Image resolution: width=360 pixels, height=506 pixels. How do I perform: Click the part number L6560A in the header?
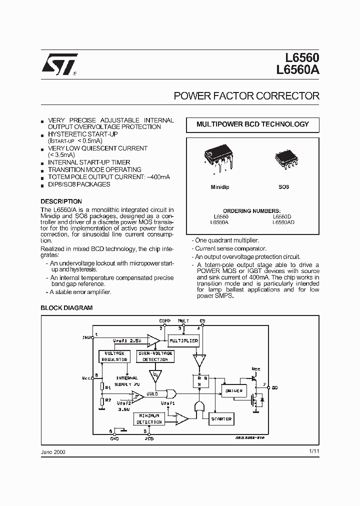pyautogui.click(x=297, y=71)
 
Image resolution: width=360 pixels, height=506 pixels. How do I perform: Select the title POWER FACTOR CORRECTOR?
pyautogui.click(x=246, y=95)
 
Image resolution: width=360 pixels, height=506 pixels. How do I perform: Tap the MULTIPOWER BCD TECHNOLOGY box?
pyautogui.click(x=252, y=124)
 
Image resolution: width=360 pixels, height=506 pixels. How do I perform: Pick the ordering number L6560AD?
pyautogui.click(x=283, y=222)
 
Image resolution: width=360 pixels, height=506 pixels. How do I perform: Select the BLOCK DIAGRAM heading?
pyautogui.click(x=66, y=308)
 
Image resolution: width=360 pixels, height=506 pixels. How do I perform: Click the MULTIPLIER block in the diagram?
pyautogui.click(x=183, y=341)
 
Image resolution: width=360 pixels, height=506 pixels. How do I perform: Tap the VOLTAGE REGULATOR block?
pyautogui.click(x=115, y=356)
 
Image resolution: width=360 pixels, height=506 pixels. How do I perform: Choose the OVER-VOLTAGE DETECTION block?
pyautogui.click(x=155, y=356)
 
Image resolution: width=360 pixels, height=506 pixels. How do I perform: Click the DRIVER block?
pyautogui.click(x=234, y=390)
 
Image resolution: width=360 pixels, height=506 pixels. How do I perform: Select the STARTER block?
pyautogui.click(x=221, y=419)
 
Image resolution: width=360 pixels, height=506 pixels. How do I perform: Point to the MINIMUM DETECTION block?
pyautogui.click(x=149, y=418)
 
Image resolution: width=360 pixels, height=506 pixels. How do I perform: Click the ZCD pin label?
pyautogui.click(x=149, y=438)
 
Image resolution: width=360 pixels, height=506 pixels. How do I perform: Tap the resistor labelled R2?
pyautogui.click(x=102, y=401)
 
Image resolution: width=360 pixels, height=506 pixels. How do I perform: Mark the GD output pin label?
pyautogui.click(x=275, y=387)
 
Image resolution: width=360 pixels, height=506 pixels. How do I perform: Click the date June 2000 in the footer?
pyautogui.click(x=53, y=451)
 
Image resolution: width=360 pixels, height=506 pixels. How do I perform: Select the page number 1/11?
pyautogui.click(x=314, y=451)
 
